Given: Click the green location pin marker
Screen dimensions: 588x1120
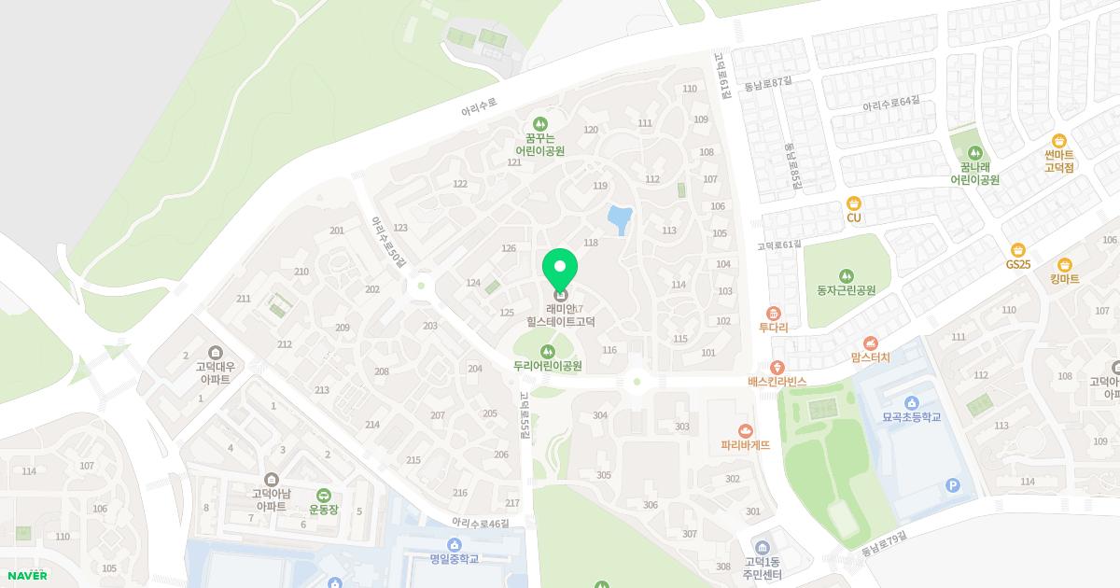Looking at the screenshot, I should pos(560,272).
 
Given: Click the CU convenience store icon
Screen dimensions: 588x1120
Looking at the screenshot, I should pos(853,203).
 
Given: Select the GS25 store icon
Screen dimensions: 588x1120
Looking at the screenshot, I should pos(1017,249).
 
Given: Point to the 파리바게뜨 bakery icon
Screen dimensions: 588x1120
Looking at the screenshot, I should pos(745,430).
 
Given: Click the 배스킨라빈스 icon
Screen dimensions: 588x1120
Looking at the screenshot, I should pos(777,367).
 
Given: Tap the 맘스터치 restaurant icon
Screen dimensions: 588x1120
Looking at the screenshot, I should pos(871,343).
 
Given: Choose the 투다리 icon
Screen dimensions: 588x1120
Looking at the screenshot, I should pos(773,313).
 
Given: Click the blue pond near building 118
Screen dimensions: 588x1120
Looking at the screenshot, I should pos(617,220).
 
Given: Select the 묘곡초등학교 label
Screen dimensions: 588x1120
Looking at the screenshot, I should pos(911,417).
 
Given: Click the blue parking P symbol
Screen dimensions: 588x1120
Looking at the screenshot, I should pos(952,484).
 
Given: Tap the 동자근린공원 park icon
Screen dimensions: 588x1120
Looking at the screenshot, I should pos(846,274).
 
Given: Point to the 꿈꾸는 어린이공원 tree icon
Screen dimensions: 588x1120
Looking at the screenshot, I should pos(539,124).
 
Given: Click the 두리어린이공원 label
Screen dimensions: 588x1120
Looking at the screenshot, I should pos(547,366).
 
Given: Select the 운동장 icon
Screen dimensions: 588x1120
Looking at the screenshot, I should pos(323,495).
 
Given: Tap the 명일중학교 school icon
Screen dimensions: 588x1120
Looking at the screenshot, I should pos(455,544).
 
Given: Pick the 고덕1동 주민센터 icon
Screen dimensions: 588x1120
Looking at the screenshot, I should pos(763,546).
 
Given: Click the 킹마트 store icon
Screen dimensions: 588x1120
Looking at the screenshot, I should pos(1064,264).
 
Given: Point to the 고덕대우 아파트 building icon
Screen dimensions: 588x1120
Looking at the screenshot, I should pos(216,352).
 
